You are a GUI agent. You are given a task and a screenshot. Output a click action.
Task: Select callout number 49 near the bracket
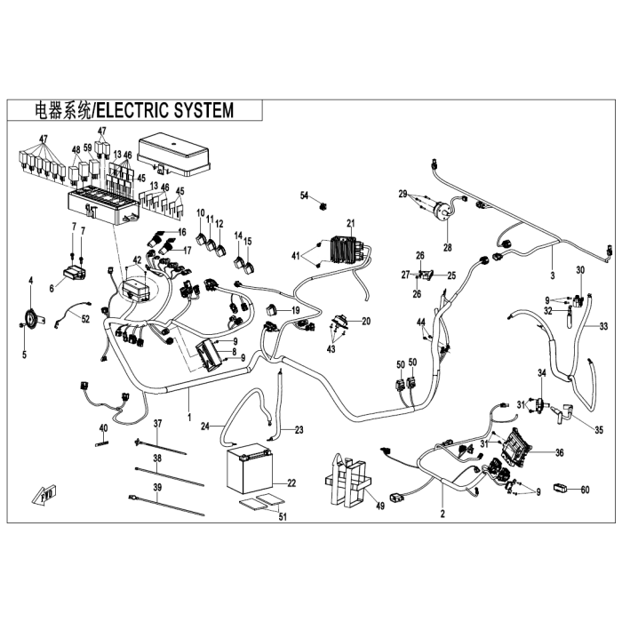[x=380, y=506]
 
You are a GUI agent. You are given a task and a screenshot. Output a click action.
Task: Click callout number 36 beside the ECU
[x=559, y=452]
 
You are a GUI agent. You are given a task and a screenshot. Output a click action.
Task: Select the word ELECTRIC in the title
[x=131, y=110]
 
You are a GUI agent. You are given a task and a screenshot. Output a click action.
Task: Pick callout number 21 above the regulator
[x=351, y=222]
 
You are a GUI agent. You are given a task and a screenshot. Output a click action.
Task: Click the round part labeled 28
[x=439, y=212]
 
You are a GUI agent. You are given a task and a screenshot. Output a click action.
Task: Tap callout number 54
[x=303, y=195]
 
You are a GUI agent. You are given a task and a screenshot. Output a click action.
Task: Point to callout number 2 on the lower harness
[x=443, y=514]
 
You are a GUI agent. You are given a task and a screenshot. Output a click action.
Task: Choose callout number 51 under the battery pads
[x=283, y=517]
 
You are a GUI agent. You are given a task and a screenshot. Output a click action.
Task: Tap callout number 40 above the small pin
[x=103, y=428]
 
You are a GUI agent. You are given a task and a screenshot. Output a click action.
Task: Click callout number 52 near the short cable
[x=85, y=317]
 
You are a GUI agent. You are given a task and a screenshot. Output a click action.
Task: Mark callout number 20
[x=366, y=321]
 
